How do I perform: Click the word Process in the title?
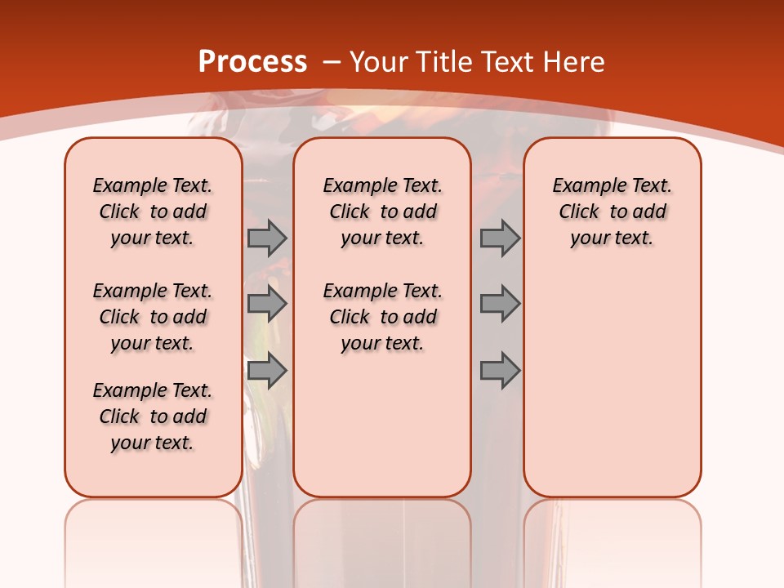pyautogui.click(x=252, y=61)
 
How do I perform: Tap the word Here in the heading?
pyautogui.click(x=574, y=61)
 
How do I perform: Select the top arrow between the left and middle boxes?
pyautogui.click(x=267, y=238)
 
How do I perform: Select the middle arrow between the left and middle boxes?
pyautogui.click(x=267, y=304)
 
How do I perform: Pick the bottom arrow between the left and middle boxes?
pyautogui.click(x=267, y=371)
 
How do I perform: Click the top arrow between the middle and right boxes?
pyautogui.click(x=500, y=238)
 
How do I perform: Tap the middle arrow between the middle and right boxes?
pyautogui.click(x=500, y=304)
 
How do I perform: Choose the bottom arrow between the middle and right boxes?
pyautogui.click(x=500, y=371)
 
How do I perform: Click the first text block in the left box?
pyautogui.click(x=153, y=212)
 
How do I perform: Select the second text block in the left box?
pyautogui.click(x=153, y=317)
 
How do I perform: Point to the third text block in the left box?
pyautogui.click(x=153, y=416)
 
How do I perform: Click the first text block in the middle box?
pyautogui.click(x=382, y=212)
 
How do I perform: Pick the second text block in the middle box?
pyautogui.click(x=382, y=317)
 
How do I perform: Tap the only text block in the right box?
pyautogui.click(x=612, y=212)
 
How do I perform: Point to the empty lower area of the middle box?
pyautogui.click(x=382, y=425)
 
